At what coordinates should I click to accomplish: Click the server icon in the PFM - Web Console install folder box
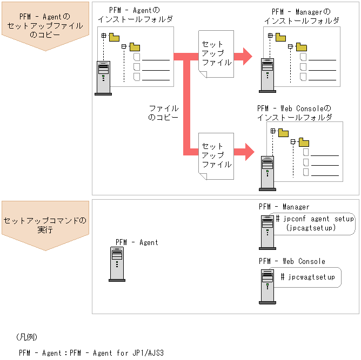pyautogui.click(x=267, y=173)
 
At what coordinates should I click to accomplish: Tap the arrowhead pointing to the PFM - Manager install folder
pyautogui.click(x=247, y=55)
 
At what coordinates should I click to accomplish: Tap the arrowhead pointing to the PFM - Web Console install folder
pyautogui.click(x=248, y=152)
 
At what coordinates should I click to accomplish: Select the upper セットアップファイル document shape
pyautogui.click(x=216, y=54)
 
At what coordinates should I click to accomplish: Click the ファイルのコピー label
pyautogui.click(x=163, y=113)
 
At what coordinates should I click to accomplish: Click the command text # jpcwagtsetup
pyautogui.click(x=308, y=277)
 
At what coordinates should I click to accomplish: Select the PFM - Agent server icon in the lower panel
pyautogui.click(x=117, y=264)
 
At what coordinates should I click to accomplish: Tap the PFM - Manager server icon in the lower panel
pyautogui.click(x=266, y=230)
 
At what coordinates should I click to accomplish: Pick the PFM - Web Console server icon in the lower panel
pyautogui.click(x=267, y=283)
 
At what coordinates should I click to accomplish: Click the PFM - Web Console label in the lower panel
pyautogui.click(x=292, y=261)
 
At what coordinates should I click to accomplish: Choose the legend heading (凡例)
pyautogui.click(x=26, y=337)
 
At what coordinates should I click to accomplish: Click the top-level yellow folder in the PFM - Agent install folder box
pyautogui.click(x=114, y=37)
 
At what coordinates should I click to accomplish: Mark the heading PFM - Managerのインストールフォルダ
pyautogui.click(x=302, y=16)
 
